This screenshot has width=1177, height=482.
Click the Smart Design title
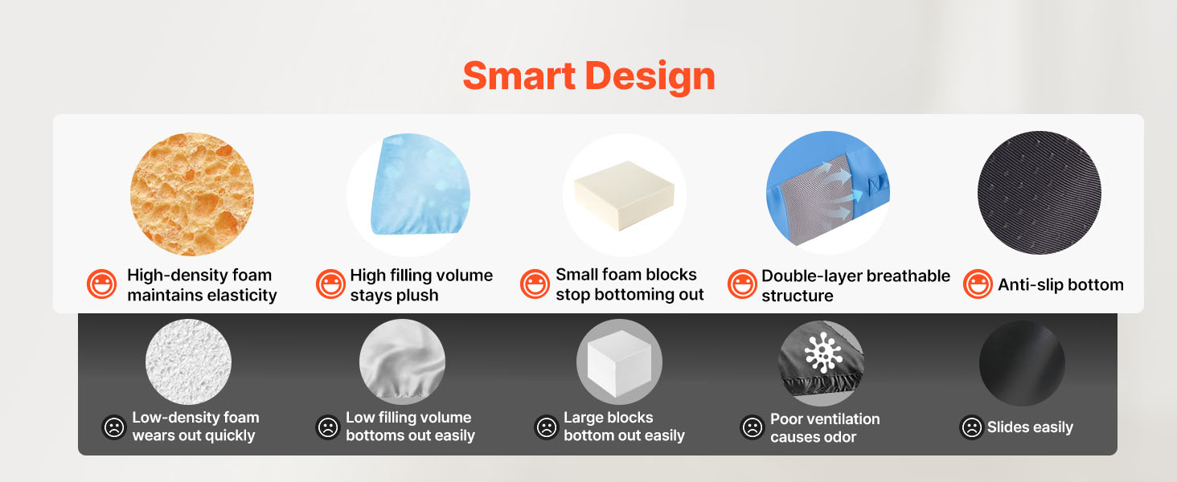click(x=588, y=76)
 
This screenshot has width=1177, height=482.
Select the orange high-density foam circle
click(x=192, y=194)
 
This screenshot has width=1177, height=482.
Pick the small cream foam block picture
click(x=624, y=195)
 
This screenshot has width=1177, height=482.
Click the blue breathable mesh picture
click(x=827, y=189)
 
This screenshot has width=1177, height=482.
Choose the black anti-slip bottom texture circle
click(x=1040, y=193)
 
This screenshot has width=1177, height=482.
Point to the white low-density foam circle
click(x=188, y=361)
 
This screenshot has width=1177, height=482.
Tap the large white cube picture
click(x=620, y=362)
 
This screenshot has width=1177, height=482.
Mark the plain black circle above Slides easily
click(x=1022, y=363)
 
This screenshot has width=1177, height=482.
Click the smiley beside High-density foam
click(x=101, y=284)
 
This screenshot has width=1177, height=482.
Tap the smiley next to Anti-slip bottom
click(x=978, y=284)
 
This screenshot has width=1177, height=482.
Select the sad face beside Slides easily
click(x=971, y=427)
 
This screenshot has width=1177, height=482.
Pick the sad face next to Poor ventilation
click(x=752, y=427)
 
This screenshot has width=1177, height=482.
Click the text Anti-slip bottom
click(x=1060, y=284)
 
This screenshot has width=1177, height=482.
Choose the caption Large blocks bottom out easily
click(x=624, y=427)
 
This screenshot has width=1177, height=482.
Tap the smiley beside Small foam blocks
click(x=535, y=284)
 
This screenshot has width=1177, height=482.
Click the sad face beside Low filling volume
click(x=328, y=427)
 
